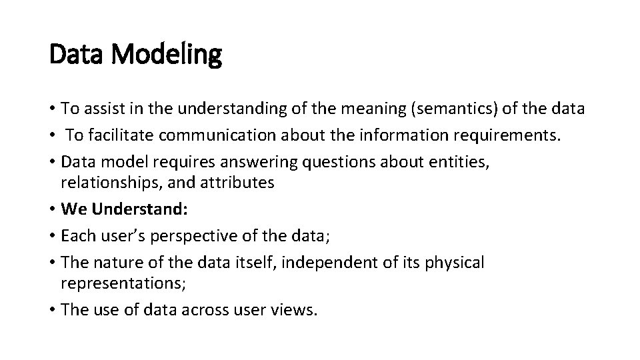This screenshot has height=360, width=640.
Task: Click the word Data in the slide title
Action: click(74, 55)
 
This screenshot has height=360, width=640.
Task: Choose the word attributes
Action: click(235, 183)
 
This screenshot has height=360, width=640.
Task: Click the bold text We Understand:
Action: click(125, 209)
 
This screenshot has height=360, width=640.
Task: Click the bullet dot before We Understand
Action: click(51, 209)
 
